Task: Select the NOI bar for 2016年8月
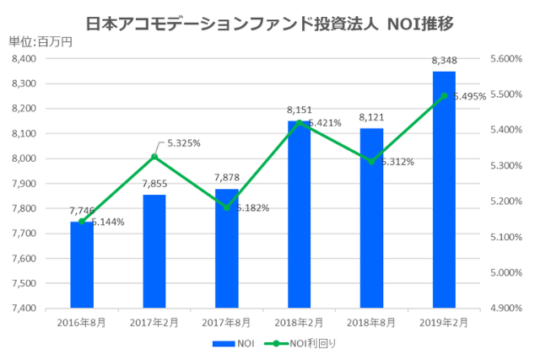click(x=82, y=265)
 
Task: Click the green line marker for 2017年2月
click(x=154, y=157)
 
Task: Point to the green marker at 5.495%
click(x=444, y=96)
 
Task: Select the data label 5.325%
click(x=183, y=143)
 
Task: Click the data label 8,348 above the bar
click(x=444, y=61)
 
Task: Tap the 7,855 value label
click(x=154, y=185)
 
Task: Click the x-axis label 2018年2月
click(x=300, y=322)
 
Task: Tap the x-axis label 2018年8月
click(x=371, y=322)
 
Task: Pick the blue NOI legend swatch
click(x=224, y=343)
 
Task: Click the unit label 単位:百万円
click(x=40, y=40)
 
